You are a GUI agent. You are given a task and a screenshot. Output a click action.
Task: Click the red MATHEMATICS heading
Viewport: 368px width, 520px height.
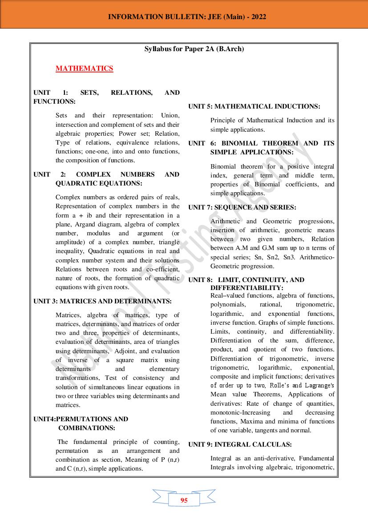pos(84,69)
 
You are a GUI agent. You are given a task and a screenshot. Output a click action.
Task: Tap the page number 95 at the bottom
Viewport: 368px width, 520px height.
pos(184,500)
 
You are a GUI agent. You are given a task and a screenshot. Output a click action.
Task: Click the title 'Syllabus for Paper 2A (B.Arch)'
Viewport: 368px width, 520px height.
pos(194,49)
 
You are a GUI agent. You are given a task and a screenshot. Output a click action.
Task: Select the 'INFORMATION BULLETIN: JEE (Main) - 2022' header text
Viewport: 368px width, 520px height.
pos(187,17)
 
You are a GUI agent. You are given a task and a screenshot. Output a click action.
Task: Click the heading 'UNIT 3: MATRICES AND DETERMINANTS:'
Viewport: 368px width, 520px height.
pos(102,301)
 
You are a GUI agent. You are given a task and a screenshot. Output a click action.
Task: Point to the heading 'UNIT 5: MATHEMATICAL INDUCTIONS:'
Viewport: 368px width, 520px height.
pos(254,106)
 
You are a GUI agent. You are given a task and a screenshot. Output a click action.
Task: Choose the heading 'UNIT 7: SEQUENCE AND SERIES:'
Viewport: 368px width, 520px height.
pos(242,207)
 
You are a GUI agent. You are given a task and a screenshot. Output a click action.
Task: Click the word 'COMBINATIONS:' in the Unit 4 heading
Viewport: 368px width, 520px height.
pos(87,428)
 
